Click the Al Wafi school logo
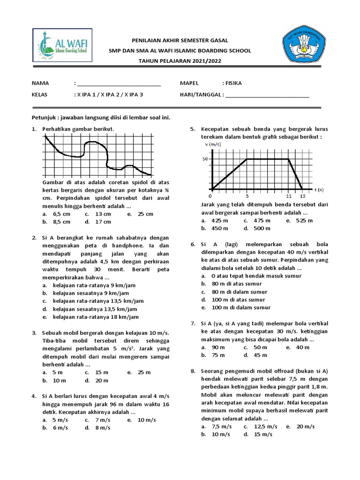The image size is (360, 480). pos(62,46)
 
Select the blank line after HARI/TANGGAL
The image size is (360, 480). pos(267,95)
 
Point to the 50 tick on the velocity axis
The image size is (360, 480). pos(205,159)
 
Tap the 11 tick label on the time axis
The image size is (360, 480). pos(288,196)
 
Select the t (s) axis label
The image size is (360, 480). pos(319,190)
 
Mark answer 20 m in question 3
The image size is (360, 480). pos(102,381)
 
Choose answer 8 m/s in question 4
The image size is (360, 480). pos(103,428)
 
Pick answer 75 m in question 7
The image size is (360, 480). pos(218,355)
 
